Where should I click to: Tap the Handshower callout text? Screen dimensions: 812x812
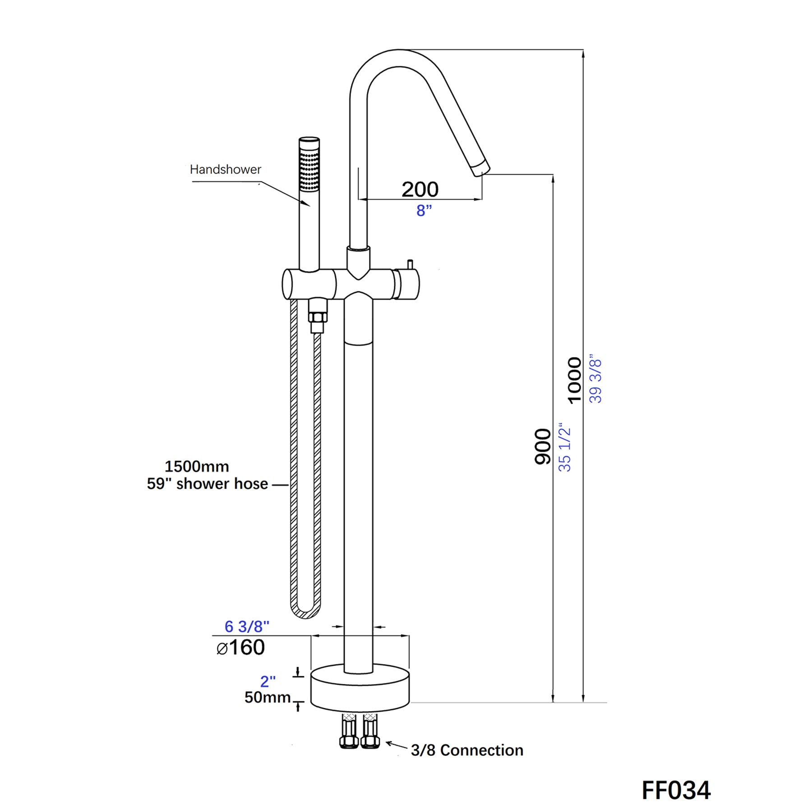pos(225,170)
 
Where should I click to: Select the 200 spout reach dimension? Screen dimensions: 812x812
pos(420,189)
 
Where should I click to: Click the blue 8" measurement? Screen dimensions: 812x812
pos(424,210)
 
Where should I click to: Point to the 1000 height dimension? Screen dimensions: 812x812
pos(574,380)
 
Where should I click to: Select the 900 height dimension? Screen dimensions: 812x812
pos(543,447)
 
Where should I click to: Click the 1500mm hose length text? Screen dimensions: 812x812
pos(197,466)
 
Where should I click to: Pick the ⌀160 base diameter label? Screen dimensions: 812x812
pos(240,648)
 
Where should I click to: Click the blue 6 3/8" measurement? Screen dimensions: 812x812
pos(247,626)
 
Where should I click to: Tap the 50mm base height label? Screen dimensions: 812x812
pos(267,697)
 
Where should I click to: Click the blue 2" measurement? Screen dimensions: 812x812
pos(268,681)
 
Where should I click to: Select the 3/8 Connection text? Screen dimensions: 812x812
pos(467,750)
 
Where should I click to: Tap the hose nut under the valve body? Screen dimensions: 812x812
pos(318,316)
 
